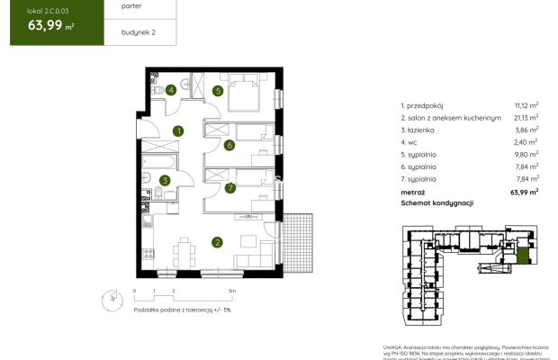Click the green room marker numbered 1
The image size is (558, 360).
click(x=179, y=131)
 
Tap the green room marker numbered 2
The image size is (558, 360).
click(x=217, y=241)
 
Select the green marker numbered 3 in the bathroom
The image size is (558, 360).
click(x=165, y=180)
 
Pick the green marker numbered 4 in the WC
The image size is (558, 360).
click(x=170, y=89)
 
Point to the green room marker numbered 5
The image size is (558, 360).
click(x=217, y=90)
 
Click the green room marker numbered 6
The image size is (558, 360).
click(x=230, y=145)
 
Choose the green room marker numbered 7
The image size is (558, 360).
click(x=230, y=188)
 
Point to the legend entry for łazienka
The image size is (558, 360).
click(x=423, y=130)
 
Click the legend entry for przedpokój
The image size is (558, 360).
click(x=427, y=104)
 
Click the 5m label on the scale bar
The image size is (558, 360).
click(x=232, y=292)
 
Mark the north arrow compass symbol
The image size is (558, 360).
click(x=112, y=296)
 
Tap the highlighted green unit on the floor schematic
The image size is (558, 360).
click(x=521, y=259)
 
